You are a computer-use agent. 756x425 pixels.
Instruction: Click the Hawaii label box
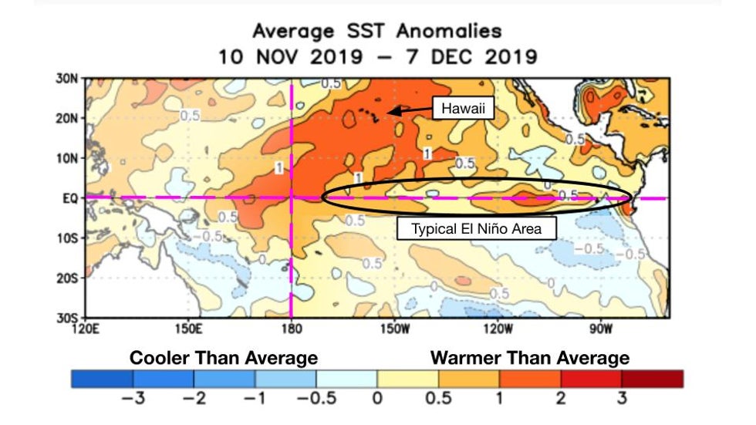point(463,110)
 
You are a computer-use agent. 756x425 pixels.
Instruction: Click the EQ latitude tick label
point(70,197)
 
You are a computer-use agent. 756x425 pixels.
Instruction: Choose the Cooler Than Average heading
point(224,358)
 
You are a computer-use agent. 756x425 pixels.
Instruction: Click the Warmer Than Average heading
point(530,358)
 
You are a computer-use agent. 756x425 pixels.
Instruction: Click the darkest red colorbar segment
point(652,379)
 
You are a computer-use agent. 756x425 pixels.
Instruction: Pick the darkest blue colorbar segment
point(102,379)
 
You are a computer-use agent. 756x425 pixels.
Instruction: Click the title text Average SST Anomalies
point(377,32)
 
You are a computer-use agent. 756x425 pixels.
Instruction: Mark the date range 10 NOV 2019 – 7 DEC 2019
point(377,57)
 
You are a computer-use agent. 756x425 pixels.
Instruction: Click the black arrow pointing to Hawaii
point(407,111)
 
